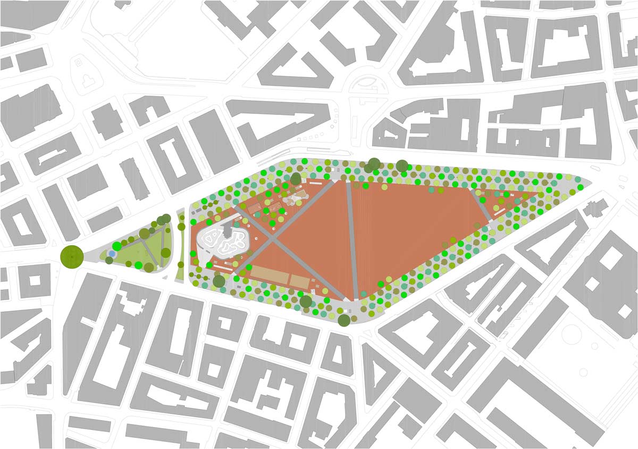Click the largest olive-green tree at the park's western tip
point(72,256)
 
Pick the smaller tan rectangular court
point(300,280)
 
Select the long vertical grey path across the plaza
point(351,239)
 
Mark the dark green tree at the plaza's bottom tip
point(344,320)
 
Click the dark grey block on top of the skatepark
point(227,231)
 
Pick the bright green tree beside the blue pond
point(116,246)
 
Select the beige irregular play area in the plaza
point(295,199)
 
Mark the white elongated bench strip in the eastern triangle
point(500,212)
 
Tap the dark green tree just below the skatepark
point(219,281)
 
